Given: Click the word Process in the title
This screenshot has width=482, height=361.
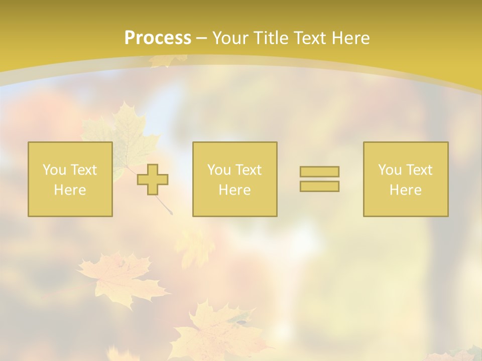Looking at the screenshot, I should pos(158,38).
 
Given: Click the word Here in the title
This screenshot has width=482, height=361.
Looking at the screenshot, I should pos(351,38).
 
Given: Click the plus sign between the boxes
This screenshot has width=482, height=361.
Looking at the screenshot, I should pos(153,179).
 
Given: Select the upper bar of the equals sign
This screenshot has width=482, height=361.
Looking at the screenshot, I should pos(319,171).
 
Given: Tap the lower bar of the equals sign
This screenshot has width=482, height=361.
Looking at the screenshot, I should pos(319,186).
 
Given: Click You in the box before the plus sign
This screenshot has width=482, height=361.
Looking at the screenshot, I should pos(54,170).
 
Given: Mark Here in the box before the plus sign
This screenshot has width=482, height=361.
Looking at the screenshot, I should pos(70,190).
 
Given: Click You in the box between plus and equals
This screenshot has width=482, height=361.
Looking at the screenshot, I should pos(218,170).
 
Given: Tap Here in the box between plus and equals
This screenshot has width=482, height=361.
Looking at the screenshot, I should pos(234,190).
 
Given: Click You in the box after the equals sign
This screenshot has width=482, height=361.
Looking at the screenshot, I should pos(389,170).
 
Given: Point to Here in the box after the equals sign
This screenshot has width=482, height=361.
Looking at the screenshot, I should pos(405,190).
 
